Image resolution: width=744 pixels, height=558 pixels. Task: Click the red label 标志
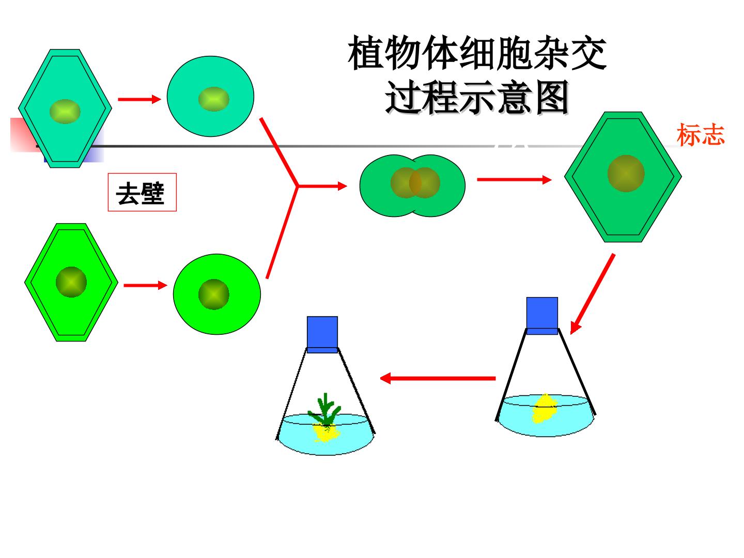[700, 134]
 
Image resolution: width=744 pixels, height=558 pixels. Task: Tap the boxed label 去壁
[140, 193]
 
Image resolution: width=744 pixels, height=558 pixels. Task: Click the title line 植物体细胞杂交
[477, 53]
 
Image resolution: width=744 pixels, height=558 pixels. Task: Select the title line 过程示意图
[477, 98]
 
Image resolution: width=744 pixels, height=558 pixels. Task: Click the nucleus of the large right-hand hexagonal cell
[625, 174]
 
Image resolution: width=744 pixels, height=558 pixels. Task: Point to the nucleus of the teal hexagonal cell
[65, 112]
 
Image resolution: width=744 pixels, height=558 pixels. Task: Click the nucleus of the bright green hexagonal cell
[71, 282]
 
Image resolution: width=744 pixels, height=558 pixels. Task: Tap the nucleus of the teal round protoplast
[213, 99]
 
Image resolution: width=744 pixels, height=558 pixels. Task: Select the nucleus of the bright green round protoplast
[213, 294]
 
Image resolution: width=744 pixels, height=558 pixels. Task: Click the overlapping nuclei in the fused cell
[415, 182]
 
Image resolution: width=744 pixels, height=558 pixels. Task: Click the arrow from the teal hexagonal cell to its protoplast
[139, 99]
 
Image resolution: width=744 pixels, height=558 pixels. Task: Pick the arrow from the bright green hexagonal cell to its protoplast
[145, 285]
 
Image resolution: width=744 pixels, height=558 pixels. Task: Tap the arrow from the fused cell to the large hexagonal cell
[514, 180]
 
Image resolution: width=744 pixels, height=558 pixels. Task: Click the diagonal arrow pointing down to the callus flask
[592, 294]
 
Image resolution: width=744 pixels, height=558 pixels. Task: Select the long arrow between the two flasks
[438, 378]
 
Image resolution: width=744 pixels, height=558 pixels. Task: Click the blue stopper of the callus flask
[542, 316]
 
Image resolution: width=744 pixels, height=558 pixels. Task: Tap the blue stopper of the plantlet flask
[322, 334]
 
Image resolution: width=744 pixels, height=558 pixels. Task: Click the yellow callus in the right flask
[544, 409]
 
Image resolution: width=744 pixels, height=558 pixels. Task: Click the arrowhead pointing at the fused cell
[343, 185]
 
